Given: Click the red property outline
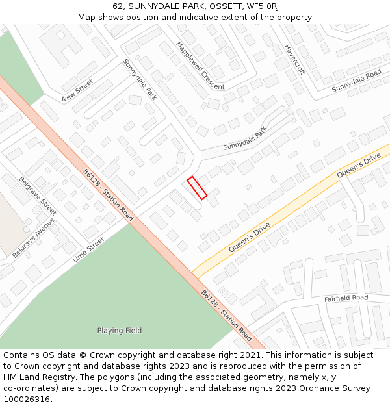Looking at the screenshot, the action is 197,188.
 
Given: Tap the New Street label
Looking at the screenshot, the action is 78,90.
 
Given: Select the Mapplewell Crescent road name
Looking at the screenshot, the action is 200,65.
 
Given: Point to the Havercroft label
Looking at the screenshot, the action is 294,60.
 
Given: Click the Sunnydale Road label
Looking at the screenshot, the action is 356,80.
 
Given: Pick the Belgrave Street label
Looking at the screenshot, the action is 38,196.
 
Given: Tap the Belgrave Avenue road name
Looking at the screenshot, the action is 33,238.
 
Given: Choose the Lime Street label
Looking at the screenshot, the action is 88,249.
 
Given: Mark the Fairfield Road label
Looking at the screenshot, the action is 346,298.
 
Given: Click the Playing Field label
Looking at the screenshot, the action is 120,331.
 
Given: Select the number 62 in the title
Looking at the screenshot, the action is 118,6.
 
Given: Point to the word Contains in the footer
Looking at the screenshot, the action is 21,355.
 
